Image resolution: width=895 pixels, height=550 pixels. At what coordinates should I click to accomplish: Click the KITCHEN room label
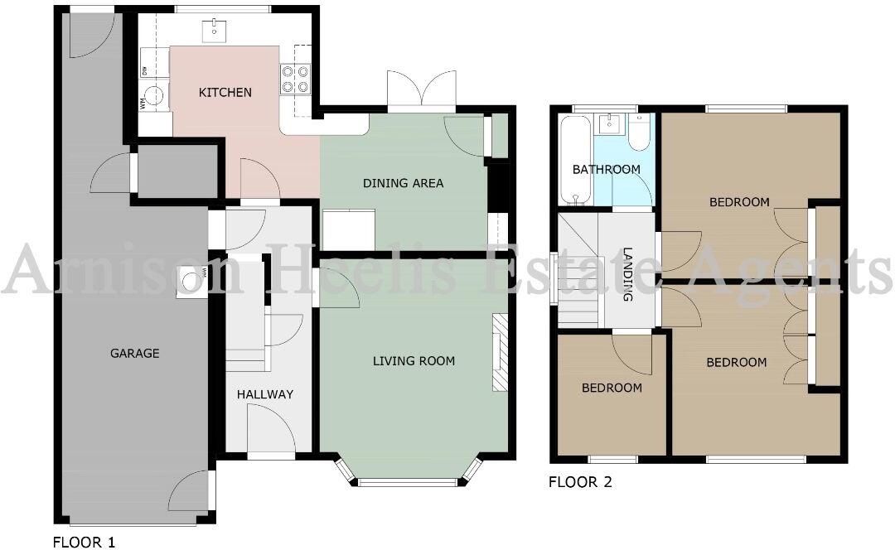click(225, 92)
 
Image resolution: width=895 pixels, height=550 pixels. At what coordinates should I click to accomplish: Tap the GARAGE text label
click(134, 353)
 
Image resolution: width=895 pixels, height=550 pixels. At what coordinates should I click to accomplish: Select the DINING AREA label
click(403, 183)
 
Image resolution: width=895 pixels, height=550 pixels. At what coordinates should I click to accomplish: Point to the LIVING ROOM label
click(414, 360)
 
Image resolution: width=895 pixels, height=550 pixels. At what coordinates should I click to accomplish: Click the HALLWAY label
click(265, 394)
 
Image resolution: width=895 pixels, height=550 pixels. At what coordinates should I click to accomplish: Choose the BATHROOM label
click(607, 170)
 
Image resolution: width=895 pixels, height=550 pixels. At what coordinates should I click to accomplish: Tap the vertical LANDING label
click(628, 274)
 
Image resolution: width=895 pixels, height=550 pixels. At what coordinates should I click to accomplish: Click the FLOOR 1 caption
click(84, 543)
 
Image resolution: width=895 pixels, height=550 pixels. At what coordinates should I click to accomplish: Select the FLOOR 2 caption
click(580, 482)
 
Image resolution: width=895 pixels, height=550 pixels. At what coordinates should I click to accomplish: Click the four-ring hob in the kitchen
click(295, 79)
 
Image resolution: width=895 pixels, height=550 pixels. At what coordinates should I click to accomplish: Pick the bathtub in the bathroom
click(573, 161)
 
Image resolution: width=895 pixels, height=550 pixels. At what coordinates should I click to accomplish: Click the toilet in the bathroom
click(639, 133)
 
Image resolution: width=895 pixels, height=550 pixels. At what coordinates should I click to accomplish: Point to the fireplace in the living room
click(500, 352)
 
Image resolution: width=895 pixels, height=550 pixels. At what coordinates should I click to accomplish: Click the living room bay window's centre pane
click(408, 481)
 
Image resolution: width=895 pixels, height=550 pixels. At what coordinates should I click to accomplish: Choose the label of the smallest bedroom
click(612, 388)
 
